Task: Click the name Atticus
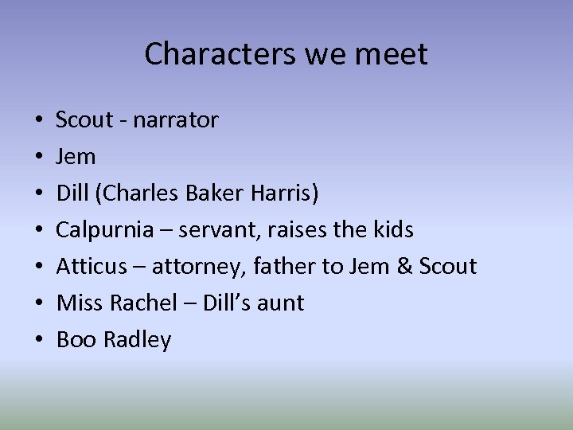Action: (x=91, y=266)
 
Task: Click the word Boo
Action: (x=76, y=340)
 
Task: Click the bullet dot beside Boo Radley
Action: (x=38, y=341)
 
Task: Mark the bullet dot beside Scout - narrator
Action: (x=38, y=121)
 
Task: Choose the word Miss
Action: (x=77, y=303)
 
